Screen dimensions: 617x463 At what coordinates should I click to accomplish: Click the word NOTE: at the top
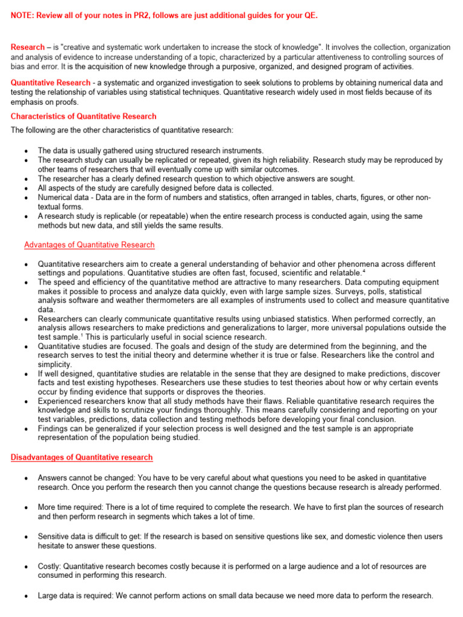tap(23, 15)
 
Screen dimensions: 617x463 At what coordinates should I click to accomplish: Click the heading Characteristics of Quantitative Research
tap(84, 116)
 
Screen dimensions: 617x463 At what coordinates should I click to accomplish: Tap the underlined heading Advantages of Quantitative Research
tap(89, 245)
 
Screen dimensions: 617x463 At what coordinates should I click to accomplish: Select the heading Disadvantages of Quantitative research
tap(82, 457)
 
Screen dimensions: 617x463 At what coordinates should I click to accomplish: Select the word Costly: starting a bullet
tap(49, 566)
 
